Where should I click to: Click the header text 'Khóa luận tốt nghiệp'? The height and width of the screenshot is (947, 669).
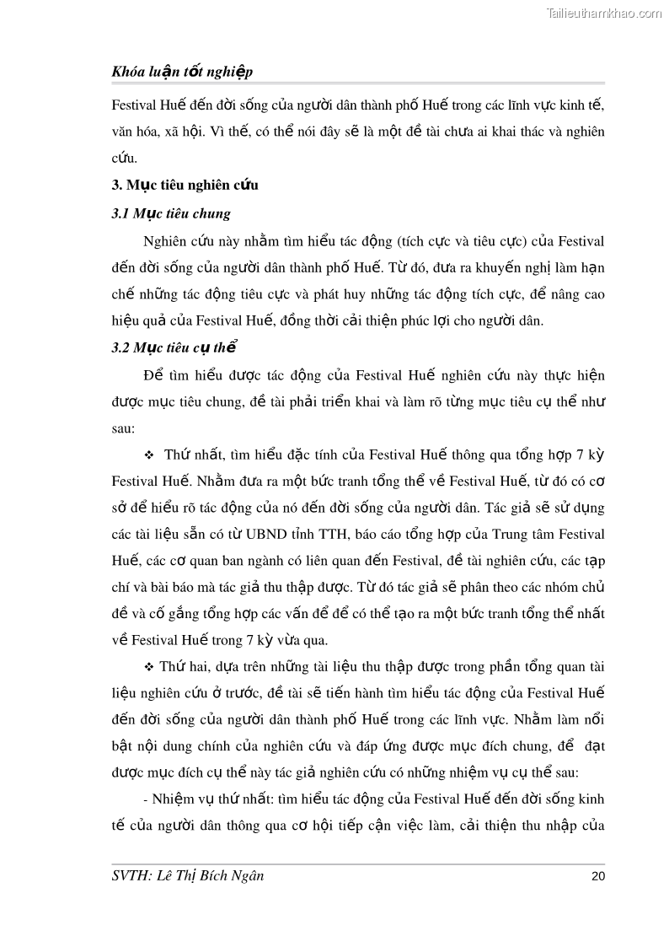point(182,73)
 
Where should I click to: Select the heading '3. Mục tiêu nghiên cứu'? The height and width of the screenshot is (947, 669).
point(185,186)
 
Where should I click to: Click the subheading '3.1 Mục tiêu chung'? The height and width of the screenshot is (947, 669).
point(171,213)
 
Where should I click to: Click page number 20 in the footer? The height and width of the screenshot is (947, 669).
point(598,876)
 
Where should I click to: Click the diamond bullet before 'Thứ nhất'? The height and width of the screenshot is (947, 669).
point(148,455)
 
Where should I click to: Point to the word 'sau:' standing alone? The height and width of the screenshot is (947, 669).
point(123,428)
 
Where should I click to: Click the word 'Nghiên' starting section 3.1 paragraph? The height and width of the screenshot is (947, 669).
point(167,241)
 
